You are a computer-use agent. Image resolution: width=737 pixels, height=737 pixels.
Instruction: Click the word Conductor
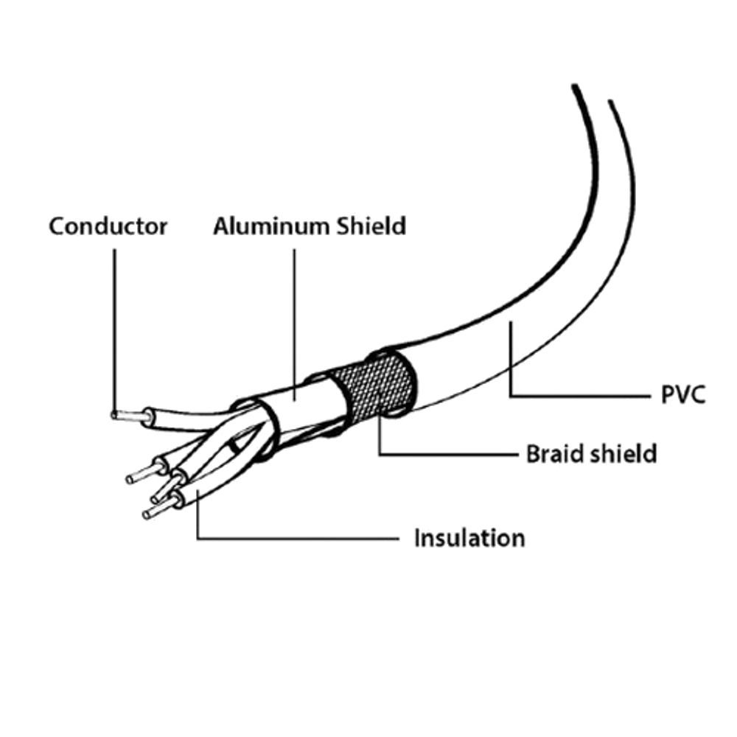[108, 226]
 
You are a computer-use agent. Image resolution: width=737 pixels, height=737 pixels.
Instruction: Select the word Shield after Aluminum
[371, 226]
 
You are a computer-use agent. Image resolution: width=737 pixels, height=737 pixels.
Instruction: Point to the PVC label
[683, 395]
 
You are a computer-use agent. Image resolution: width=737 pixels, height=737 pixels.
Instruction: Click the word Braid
[555, 454]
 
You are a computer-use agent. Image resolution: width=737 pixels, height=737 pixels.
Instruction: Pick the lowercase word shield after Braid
[624, 454]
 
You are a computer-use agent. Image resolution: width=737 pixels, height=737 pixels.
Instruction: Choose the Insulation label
[469, 538]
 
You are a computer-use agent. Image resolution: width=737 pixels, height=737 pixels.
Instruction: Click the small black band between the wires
[234, 446]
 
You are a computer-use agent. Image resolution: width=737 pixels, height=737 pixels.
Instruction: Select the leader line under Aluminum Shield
[295, 324]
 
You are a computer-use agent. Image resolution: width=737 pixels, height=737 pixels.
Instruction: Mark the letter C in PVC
[696, 395]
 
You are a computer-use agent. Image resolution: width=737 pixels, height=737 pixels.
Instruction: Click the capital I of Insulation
[417, 538]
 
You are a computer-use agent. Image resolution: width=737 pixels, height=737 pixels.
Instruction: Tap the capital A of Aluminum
[223, 226]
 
